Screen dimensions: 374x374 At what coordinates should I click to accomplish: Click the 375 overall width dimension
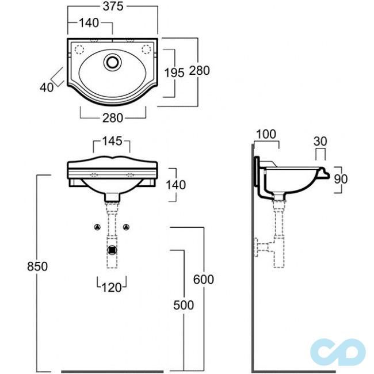(113, 6)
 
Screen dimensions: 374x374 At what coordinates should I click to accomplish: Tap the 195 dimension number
(174, 72)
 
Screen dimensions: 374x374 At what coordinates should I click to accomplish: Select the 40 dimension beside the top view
(47, 87)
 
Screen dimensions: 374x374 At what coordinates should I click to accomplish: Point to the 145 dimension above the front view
(112, 141)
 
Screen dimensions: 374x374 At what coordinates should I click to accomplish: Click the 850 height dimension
(37, 266)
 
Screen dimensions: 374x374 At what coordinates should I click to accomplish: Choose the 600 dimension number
(204, 280)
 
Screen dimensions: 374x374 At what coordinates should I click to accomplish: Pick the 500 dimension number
(184, 306)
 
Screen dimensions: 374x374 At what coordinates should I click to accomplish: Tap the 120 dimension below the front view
(112, 288)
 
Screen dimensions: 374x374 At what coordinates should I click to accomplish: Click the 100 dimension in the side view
(266, 134)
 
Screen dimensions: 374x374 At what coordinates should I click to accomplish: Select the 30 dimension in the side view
(320, 141)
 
